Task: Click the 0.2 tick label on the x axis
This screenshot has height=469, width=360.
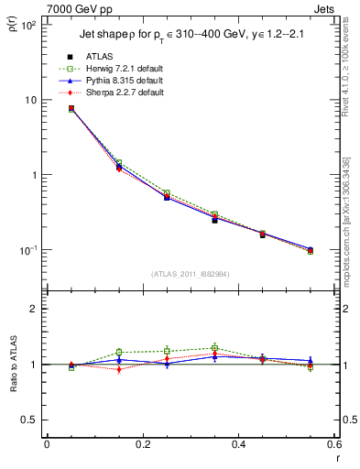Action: (143, 445)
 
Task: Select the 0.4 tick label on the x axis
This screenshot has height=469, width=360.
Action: (238, 445)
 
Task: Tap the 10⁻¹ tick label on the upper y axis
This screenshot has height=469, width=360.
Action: (27, 250)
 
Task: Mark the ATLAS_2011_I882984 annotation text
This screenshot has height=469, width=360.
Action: (191, 274)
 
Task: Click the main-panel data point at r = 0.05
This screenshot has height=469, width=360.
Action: (71, 108)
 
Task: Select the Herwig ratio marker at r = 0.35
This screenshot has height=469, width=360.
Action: (214, 348)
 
